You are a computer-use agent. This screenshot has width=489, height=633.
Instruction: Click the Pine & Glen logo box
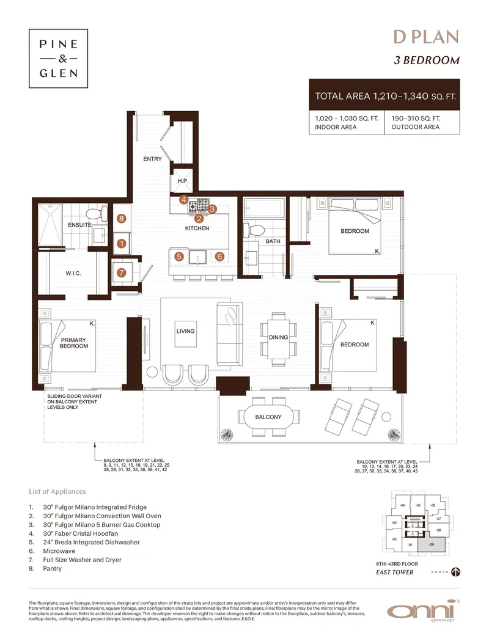click(58, 59)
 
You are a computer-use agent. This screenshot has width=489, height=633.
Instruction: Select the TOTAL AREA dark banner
click(384, 96)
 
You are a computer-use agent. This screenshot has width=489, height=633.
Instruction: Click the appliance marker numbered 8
click(121, 218)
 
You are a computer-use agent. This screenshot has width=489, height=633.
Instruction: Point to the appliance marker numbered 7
click(121, 273)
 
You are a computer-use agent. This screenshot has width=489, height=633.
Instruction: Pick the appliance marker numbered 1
click(121, 243)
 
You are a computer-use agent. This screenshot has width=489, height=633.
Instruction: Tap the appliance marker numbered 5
click(179, 257)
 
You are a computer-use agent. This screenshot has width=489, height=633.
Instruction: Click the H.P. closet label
click(182, 181)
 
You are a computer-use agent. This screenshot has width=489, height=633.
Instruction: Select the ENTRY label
click(152, 159)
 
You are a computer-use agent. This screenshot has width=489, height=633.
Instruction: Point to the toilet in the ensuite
click(94, 215)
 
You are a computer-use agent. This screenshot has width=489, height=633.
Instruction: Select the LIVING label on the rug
click(185, 332)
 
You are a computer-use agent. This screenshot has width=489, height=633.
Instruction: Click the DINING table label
click(278, 337)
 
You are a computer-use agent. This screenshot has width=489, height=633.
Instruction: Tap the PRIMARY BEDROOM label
click(73, 343)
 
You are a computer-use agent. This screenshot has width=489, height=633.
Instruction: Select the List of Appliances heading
click(57, 491)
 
